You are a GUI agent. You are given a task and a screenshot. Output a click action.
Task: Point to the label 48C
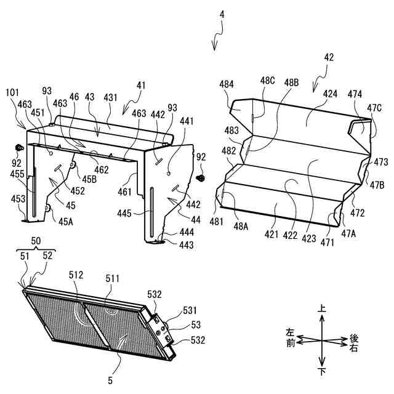(x=267, y=81)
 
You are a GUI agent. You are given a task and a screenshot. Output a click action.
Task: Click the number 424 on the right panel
(x=329, y=94)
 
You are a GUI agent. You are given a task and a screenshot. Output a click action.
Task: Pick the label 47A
(x=349, y=235)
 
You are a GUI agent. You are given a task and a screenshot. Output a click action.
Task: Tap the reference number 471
(x=327, y=243)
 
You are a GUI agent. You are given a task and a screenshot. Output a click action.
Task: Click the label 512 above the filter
(x=77, y=275)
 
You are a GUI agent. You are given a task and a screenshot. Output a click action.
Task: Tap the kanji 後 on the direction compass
(x=353, y=338)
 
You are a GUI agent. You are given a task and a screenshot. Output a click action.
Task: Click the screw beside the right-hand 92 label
(x=201, y=177)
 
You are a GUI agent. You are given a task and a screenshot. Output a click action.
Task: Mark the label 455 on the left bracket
(x=17, y=175)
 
